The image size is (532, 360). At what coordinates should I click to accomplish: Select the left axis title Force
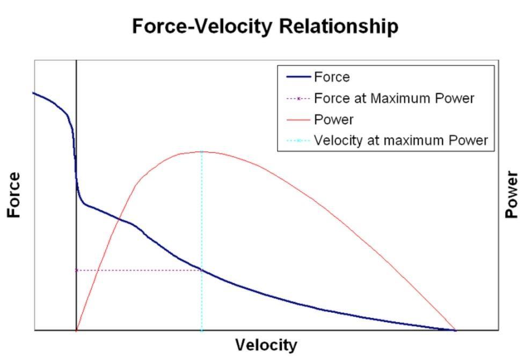[x=14, y=195]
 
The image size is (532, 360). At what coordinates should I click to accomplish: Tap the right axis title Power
[x=512, y=195]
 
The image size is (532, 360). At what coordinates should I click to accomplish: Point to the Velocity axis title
[x=266, y=345]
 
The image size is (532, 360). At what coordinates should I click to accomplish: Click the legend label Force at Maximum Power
[x=394, y=98]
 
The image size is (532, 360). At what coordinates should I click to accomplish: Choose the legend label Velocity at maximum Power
[x=400, y=140]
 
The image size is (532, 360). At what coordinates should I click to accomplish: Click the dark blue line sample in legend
[x=298, y=77]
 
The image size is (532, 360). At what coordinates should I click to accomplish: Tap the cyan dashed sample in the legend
[x=298, y=141]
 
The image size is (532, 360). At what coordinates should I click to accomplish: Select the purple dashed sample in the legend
[x=298, y=99]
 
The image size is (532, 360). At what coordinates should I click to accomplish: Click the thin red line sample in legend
[x=298, y=120]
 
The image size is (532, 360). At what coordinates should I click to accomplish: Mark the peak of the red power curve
[x=202, y=152]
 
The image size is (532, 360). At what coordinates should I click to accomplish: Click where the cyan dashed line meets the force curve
[x=202, y=269]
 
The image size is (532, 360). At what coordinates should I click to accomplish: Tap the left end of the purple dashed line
[x=77, y=270]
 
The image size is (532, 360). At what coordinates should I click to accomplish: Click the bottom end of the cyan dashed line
[x=202, y=329]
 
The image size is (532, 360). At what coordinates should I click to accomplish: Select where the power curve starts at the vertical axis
[x=77, y=330]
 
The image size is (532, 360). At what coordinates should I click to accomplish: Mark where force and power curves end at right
[x=455, y=330]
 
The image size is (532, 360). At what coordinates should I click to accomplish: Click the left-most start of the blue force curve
[x=34, y=93]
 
